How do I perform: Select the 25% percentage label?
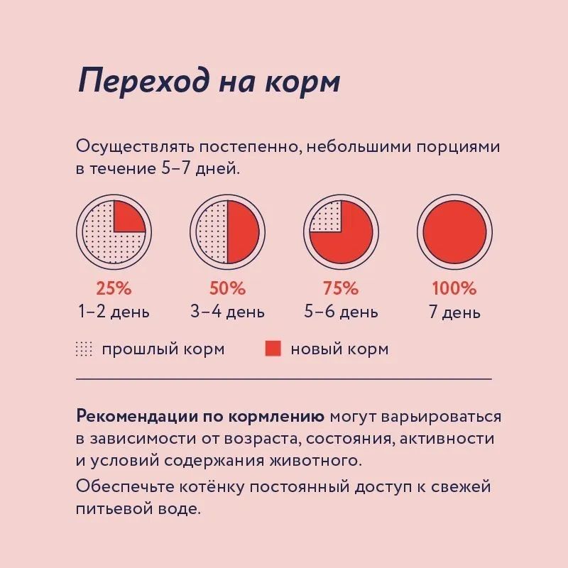114,289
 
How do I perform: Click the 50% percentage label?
227,289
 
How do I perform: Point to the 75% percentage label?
341,289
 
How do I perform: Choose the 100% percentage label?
454,289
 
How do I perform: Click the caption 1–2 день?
114,312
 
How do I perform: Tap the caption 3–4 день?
227,312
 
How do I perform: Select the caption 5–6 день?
341,312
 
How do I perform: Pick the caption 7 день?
454,312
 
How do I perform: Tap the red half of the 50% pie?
242,231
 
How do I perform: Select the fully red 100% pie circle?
454,231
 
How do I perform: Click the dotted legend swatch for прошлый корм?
84,349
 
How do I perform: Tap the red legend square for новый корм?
273,349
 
